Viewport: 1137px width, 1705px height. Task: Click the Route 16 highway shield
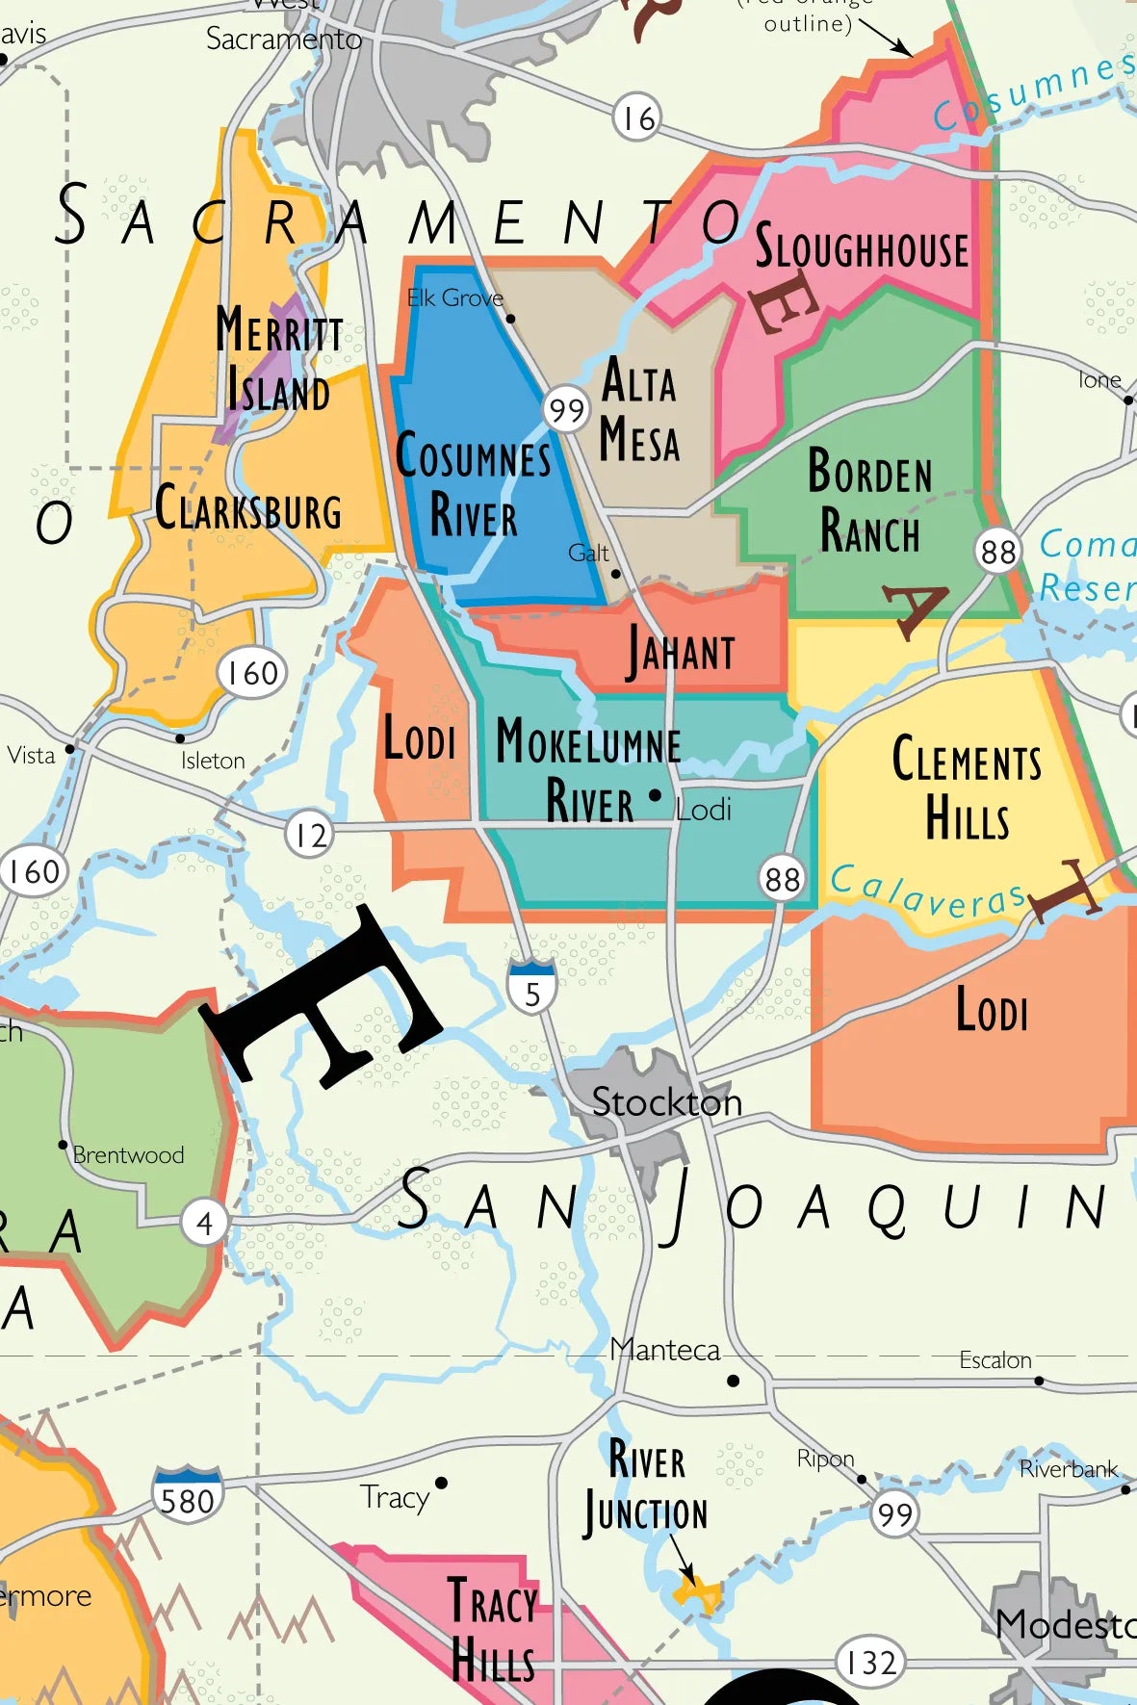(x=636, y=118)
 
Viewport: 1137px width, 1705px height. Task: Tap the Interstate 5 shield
(x=532, y=985)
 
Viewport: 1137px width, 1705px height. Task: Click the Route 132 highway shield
(x=870, y=1662)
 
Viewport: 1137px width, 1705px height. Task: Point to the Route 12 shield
(x=310, y=834)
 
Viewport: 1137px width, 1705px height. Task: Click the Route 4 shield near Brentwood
(x=204, y=1223)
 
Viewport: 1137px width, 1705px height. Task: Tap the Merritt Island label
(x=278, y=359)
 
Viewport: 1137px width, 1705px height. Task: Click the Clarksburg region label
(x=248, y=508)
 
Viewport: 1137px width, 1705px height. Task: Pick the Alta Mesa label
(x=639, y=410)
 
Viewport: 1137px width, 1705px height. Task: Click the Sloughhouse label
(x=861, y=248)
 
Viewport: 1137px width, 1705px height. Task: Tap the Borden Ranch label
(x=869, y=501)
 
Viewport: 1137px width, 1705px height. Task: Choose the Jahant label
(x=682, y=653)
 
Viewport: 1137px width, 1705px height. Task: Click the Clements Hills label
(x=967, y=787)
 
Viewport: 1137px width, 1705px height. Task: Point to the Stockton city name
(x=666, y=1101)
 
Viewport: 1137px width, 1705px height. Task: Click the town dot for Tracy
(x=441, y=1483)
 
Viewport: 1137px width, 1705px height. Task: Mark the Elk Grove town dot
(x=510, y=318)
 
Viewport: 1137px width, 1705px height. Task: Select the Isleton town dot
(x=180, y=738)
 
